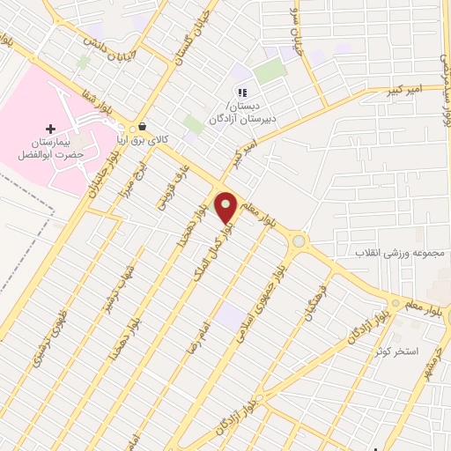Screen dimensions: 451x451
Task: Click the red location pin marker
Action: click(225, 207)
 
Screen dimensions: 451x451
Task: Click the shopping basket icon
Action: click(141, 126)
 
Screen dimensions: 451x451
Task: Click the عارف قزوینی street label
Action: click(164, 191)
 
